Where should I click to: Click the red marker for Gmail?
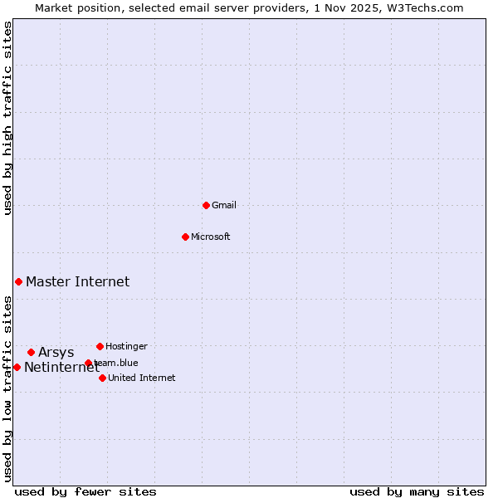(x=206, y=205)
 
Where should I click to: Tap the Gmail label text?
(x=224, y=206)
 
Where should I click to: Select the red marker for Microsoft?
(x=185, y=237)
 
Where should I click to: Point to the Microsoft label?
(x=210, y=237)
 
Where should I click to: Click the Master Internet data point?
(x=18, y=281)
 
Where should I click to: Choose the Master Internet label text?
(x=77, y=282)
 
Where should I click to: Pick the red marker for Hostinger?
(x=100, y=346)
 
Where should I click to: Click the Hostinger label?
(x=126, y=347)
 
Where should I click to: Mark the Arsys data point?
(x=31, y=352)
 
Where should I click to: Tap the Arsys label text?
(x=56, y=353)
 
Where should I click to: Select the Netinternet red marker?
(x=17, y=367)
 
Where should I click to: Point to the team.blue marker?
(x=88, y=363)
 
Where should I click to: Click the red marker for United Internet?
(x=102, y=378)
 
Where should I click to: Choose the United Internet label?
(x=141, y=378)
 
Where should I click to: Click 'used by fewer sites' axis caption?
(x=85, y=491)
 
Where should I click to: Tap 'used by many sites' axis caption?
(x=417, y=491)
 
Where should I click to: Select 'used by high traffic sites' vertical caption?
(x=8, y=118)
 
